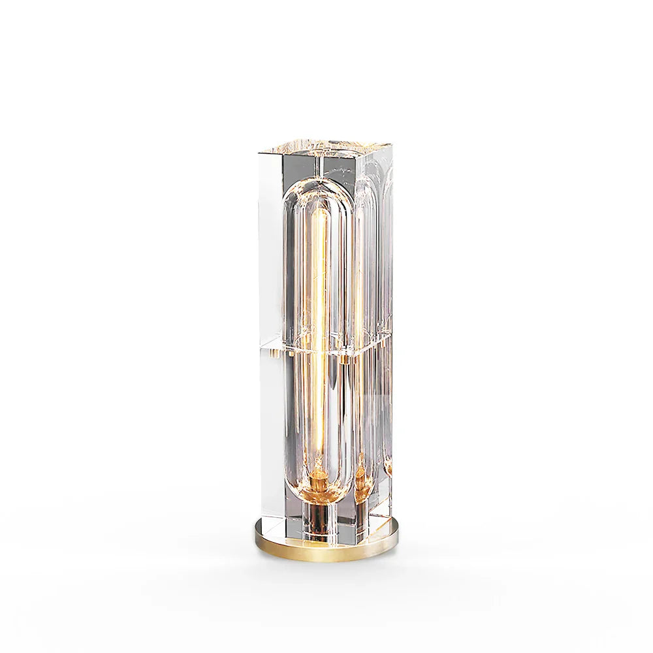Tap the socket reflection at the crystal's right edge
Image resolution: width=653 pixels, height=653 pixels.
(389, 468)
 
